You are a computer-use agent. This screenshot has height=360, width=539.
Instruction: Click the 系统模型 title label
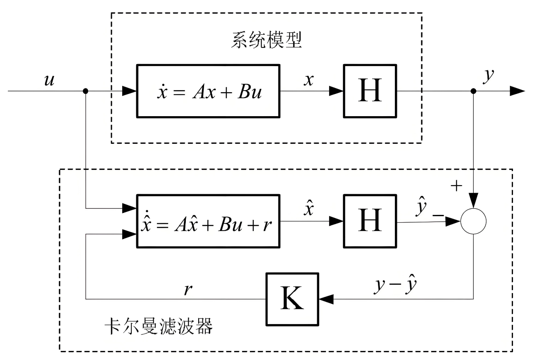click(x=266, y=41)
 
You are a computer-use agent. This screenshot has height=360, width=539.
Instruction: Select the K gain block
click(x=292, y=299)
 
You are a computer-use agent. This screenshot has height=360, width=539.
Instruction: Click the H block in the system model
click(x=370, y=91)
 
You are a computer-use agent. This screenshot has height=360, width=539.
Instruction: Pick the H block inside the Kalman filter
click(x=370, y=221)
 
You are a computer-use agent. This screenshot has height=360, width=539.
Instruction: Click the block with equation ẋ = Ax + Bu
click(x=208, y=91)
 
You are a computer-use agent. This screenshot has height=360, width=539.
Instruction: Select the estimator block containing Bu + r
click(x=208, y=221)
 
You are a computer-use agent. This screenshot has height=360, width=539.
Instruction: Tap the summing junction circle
click(x=474, y=222)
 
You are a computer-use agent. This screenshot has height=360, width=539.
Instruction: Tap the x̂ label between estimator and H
click(x=309, y=209)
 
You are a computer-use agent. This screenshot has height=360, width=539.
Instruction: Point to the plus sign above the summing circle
click(x=456, y=186)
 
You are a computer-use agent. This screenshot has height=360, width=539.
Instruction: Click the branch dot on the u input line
click(x=85, y=91)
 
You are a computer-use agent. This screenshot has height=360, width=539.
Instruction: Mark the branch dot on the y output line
click(x=474, y=91)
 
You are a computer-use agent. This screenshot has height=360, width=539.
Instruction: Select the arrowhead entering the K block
click(x=326, y=299)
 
